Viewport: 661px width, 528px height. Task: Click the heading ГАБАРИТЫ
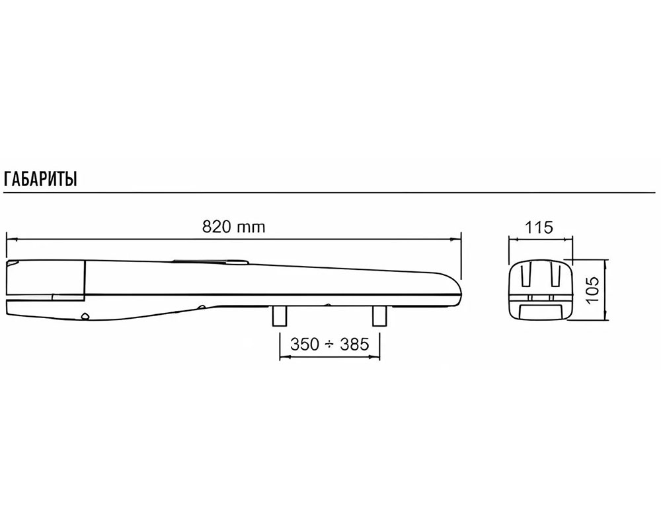point(40,179)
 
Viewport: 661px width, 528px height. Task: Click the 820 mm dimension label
point(234,227)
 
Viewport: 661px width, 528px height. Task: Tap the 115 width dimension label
point(539,228)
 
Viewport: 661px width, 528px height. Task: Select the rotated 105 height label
point(593,289)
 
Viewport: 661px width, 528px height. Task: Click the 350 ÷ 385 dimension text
point(330,345)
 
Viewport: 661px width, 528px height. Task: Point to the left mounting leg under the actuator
point(280,315)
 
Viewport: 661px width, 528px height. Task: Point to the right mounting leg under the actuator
point(379,315)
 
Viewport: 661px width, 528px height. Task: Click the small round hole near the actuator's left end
point(85,316)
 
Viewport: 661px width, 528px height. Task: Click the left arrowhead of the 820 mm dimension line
point(11,239)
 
